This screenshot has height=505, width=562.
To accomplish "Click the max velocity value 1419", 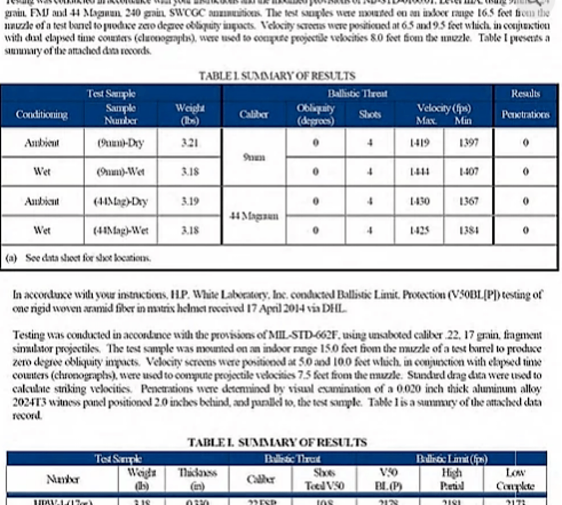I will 420,143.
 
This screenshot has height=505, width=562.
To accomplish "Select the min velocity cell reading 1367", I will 468,201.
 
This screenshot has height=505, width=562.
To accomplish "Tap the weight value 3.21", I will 190,143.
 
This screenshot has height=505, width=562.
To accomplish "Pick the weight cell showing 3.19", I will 190,201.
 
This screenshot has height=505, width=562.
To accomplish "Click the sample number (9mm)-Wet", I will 121,172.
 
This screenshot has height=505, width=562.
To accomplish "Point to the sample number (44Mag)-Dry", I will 120,201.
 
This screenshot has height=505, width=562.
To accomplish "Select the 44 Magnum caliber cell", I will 254,215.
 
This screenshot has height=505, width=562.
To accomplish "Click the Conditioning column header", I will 42,114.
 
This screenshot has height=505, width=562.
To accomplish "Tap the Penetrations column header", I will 525,114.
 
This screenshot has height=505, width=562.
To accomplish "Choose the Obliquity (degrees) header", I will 315,114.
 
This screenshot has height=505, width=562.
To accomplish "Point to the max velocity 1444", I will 420,172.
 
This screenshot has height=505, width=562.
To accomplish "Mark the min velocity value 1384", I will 468,230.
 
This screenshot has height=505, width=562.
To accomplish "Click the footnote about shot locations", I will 79,258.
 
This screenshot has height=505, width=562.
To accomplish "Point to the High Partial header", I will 452,479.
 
